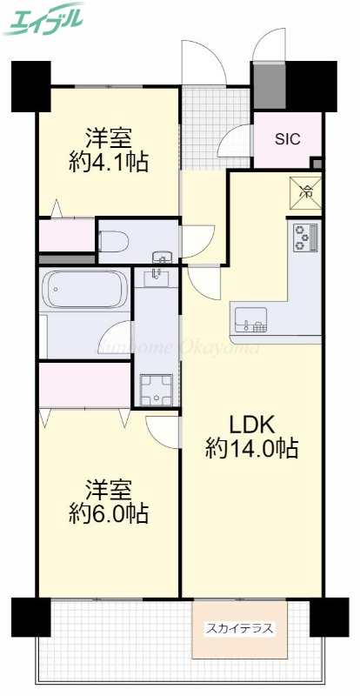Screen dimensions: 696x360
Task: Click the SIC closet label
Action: [x=288, y=139]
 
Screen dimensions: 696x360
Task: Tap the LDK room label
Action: [x=252, y=425]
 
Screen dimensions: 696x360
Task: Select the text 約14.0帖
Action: [x=252, y=449]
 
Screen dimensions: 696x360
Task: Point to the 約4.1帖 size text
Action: [x=109, y=161]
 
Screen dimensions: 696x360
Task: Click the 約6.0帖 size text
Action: [x=109, y=513]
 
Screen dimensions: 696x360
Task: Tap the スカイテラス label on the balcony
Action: [x=238, y=627]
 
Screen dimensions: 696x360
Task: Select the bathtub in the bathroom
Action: [x=83, y=286]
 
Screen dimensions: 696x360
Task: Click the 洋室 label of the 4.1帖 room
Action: [x=109, y=137]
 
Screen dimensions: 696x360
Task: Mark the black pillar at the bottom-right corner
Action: [x=330, y=617]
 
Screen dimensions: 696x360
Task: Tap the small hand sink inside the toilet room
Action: [x=162, y=258]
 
